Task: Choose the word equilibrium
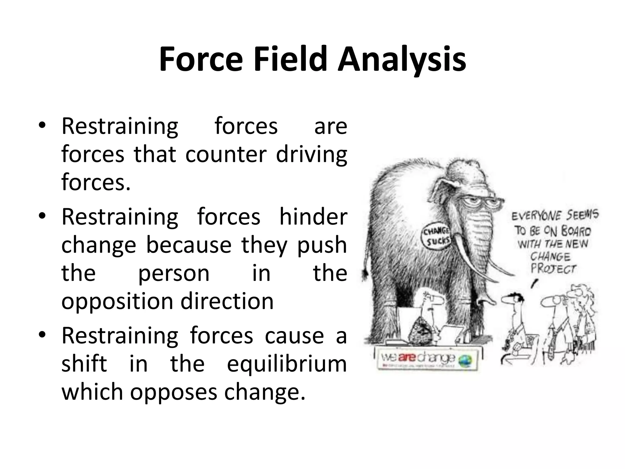click(x=287, y=363)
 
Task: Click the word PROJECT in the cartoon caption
click(x=553, y=269)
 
